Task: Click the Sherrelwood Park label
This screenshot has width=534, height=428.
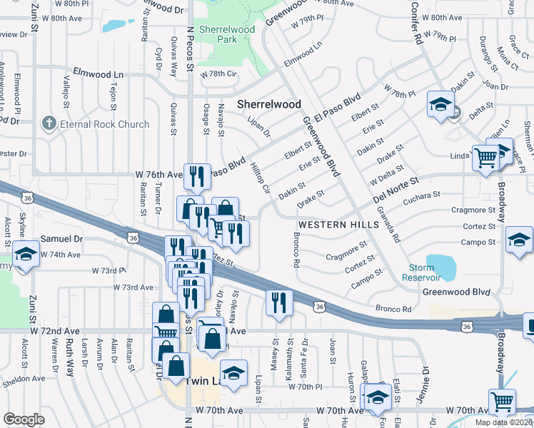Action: (x=218, y=34)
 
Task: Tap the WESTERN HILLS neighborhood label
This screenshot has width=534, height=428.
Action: (x=328, y=224)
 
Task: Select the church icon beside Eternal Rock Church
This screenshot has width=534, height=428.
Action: (x=49, y=123)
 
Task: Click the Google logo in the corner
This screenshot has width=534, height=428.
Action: (x=24, y=419)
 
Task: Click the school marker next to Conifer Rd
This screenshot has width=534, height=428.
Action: (x=441, y=104)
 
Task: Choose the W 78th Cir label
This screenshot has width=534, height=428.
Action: (x=218, y=74)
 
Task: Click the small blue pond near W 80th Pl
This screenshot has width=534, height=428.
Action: (x=114, y=26)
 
